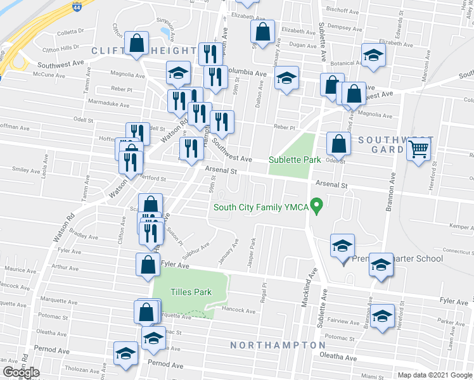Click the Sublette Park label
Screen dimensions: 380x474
point(295,160)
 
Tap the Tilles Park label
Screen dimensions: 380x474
point(191,292)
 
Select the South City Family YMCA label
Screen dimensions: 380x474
point(260,206)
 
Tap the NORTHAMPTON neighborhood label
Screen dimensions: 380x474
point(278,345)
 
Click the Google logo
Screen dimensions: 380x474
point(22,372)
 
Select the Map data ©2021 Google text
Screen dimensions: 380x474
point(435,375)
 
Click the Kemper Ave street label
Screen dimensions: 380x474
point(461,226)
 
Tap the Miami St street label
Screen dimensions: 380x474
point(356,376)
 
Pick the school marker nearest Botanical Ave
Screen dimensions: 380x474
point(373,55)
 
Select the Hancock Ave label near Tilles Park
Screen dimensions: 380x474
point(239,310)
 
